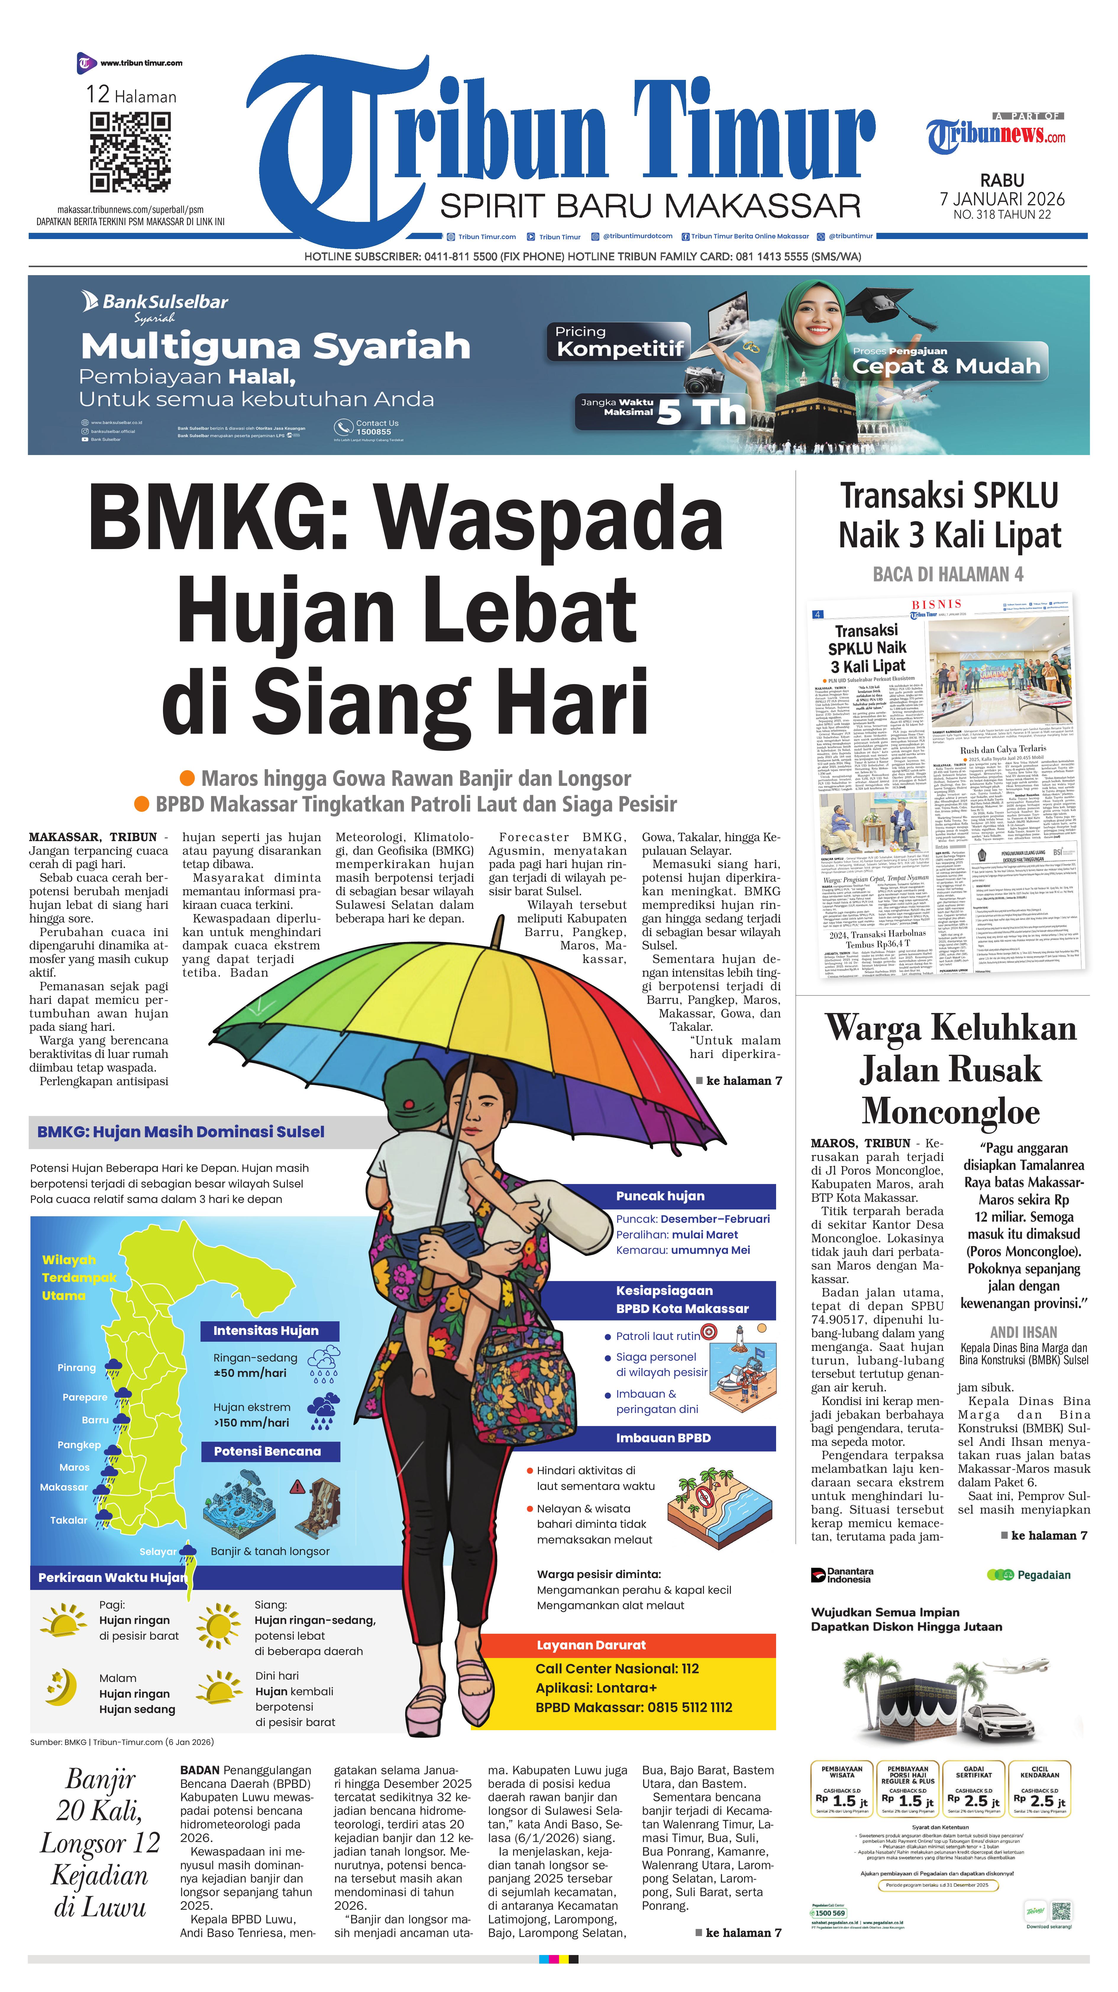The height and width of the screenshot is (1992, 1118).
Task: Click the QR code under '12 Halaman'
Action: pos(130,152)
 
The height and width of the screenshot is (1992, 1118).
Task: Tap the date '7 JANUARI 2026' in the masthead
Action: pos(1002,199)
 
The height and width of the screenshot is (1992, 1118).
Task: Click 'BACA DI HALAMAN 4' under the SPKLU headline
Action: pos(948,574)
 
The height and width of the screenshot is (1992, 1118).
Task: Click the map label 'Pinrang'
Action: pos(77,1367)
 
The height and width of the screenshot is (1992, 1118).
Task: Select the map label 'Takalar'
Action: pos(69,1520)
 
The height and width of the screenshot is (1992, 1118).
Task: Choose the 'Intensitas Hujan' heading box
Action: pos(266,1330)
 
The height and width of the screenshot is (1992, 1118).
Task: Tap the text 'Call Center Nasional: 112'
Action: pos(617,1668)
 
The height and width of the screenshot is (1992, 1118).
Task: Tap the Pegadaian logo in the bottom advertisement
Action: pos(1028,1575)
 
